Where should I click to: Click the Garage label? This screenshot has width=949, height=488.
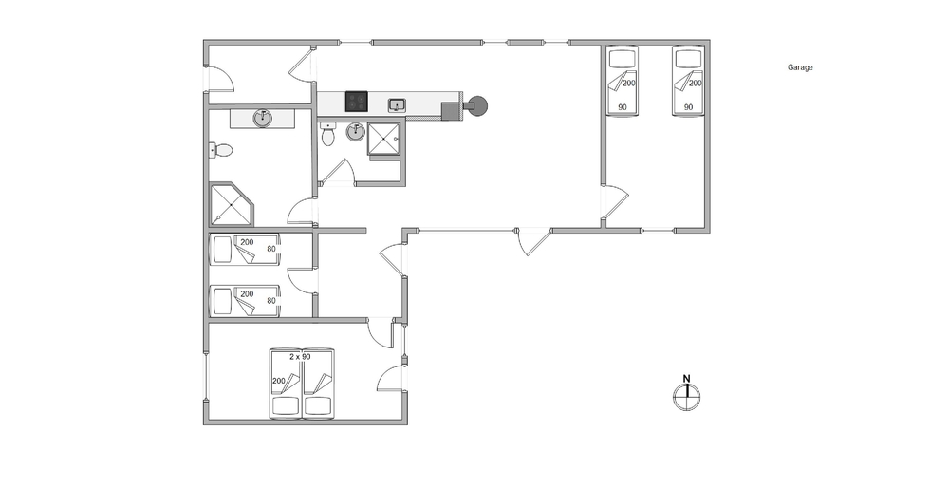click(800, 67)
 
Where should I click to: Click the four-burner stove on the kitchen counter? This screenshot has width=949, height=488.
click(357, 101)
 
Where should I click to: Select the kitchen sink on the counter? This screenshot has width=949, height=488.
click(397, 105)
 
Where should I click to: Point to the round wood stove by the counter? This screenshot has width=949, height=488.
click(477, 106)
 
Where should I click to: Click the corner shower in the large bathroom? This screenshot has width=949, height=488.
click(232, 204)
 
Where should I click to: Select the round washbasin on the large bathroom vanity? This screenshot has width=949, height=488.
click(262, 118)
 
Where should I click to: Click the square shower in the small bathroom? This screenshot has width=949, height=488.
click(383, 139)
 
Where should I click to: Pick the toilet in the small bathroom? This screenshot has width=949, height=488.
click(328, 135)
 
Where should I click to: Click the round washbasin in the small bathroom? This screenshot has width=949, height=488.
click(355, 131)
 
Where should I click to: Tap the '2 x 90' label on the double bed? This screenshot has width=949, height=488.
click(300, 357)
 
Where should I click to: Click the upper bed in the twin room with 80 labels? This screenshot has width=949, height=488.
click(245, 250)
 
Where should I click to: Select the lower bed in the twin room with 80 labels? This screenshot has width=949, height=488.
click(245, 301)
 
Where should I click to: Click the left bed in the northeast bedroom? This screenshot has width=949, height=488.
click(623, 81)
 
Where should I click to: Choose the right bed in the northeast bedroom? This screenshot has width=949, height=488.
click(689, 81)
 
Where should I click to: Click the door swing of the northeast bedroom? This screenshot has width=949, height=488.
click(616, 201)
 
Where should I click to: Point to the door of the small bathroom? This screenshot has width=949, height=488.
click(337, 172)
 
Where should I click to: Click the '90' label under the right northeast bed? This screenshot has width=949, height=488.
click(688, 107)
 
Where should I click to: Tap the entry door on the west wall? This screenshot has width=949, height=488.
click(220, 79)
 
